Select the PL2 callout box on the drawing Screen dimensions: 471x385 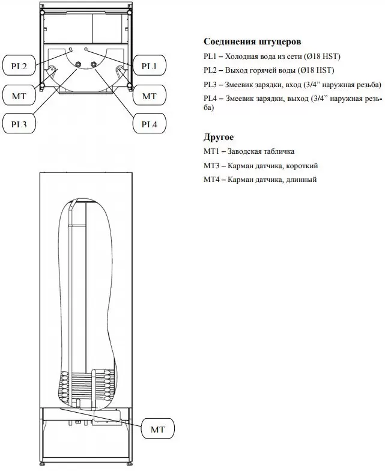tap(17, 66)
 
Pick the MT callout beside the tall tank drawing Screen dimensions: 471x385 tap(158, 430)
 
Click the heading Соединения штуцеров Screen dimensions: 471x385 tap(252, 41)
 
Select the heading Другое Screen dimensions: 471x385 tap(219, 138)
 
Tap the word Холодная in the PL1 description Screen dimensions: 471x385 tap(245, 56)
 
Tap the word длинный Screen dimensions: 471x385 tap(301, 180)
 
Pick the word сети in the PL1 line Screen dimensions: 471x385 tap(297, 56)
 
